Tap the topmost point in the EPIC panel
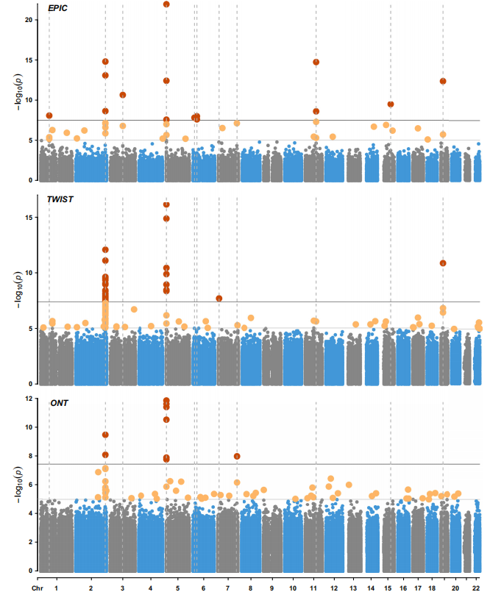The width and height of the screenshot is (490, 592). click(x=166, y=4)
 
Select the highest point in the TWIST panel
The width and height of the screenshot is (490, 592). click(x=166, y=204)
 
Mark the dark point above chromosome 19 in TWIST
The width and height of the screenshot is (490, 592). click(x=443, y=263)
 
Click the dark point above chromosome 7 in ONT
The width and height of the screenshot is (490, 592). click(x=237, y=456)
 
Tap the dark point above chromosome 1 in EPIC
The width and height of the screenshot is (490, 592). click(x=49, y=115)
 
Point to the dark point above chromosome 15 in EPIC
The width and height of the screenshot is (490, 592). click(x=391, y=104)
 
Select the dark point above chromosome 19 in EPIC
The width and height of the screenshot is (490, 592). click(x=443, y=81)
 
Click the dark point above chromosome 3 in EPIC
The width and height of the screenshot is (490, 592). click(x=123, y=95)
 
